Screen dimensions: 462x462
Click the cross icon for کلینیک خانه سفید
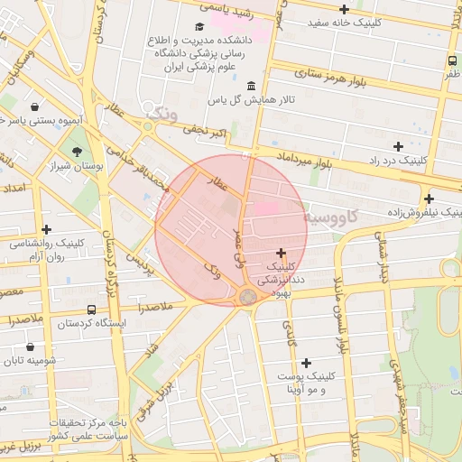(x=344, y=9)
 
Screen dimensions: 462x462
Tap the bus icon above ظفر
(x=451, y=61)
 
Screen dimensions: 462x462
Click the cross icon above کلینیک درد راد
(x=397, y=146)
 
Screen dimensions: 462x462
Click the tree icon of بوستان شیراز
(x=77, y=152)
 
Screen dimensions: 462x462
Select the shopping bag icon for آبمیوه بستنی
(x=35, y=106)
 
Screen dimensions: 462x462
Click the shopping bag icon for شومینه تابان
(x=31, y=346)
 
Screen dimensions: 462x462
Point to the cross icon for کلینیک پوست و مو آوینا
(x=306, y=362)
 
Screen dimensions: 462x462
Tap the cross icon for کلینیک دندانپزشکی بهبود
(x=281, y=254)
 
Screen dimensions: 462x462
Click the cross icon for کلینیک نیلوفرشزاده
(x=429, y=199)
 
